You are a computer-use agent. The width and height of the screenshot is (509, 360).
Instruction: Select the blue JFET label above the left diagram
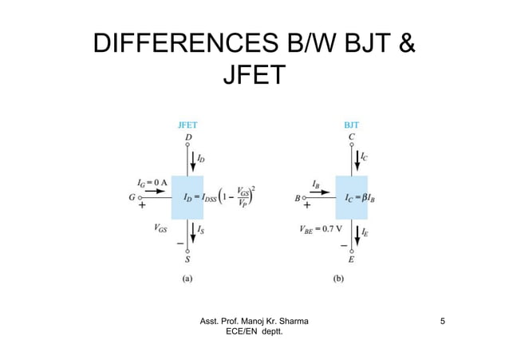coord(187,125)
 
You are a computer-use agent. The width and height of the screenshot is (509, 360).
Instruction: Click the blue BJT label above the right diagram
coord(351,125)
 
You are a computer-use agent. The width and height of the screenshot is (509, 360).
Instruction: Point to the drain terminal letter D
coord(187,137)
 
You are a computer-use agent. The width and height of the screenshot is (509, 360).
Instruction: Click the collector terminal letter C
coord(351,137)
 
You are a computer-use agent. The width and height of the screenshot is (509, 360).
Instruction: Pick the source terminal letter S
coord(187,259)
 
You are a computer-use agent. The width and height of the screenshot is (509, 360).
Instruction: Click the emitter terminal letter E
coord(351,259)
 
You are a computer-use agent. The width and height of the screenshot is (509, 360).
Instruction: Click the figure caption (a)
coord(187,279)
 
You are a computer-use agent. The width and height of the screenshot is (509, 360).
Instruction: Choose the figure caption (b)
coord(351,279)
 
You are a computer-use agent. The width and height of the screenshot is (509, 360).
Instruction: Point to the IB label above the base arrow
coord(317,183)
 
